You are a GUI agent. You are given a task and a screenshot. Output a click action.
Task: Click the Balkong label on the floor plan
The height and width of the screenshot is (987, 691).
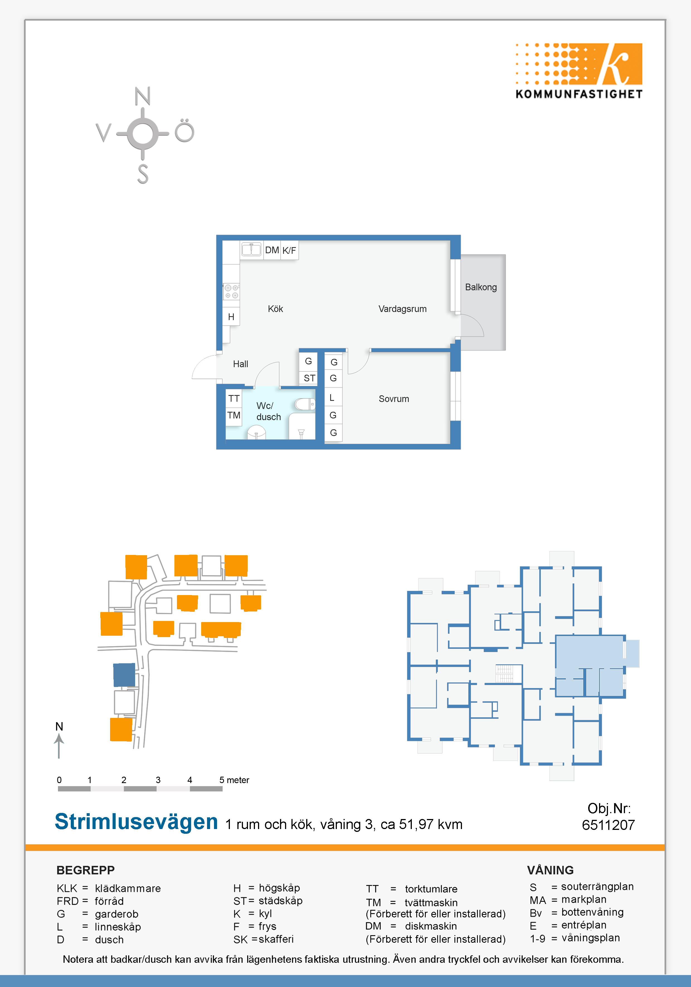[481, 287]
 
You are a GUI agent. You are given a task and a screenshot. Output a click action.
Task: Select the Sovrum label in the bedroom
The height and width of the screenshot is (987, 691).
[394, 399]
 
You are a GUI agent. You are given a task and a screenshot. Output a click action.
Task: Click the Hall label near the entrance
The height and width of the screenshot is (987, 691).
[240, 364]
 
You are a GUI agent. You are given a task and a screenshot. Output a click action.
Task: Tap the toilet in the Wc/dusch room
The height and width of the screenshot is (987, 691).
[305, 404]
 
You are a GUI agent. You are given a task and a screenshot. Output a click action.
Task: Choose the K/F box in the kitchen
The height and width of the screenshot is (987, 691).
[289, 250]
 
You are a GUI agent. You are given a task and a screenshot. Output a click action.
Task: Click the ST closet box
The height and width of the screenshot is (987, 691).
[309, 378]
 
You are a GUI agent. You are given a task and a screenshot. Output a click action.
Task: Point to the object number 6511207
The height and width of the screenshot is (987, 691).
[608, 825]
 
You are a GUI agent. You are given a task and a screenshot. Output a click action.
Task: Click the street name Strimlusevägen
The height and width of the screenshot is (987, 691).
[136, 822]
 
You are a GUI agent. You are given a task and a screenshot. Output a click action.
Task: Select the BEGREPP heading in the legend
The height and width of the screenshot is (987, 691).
[86, 870]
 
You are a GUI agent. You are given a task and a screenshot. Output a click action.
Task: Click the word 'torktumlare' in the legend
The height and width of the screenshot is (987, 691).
[431, 889]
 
